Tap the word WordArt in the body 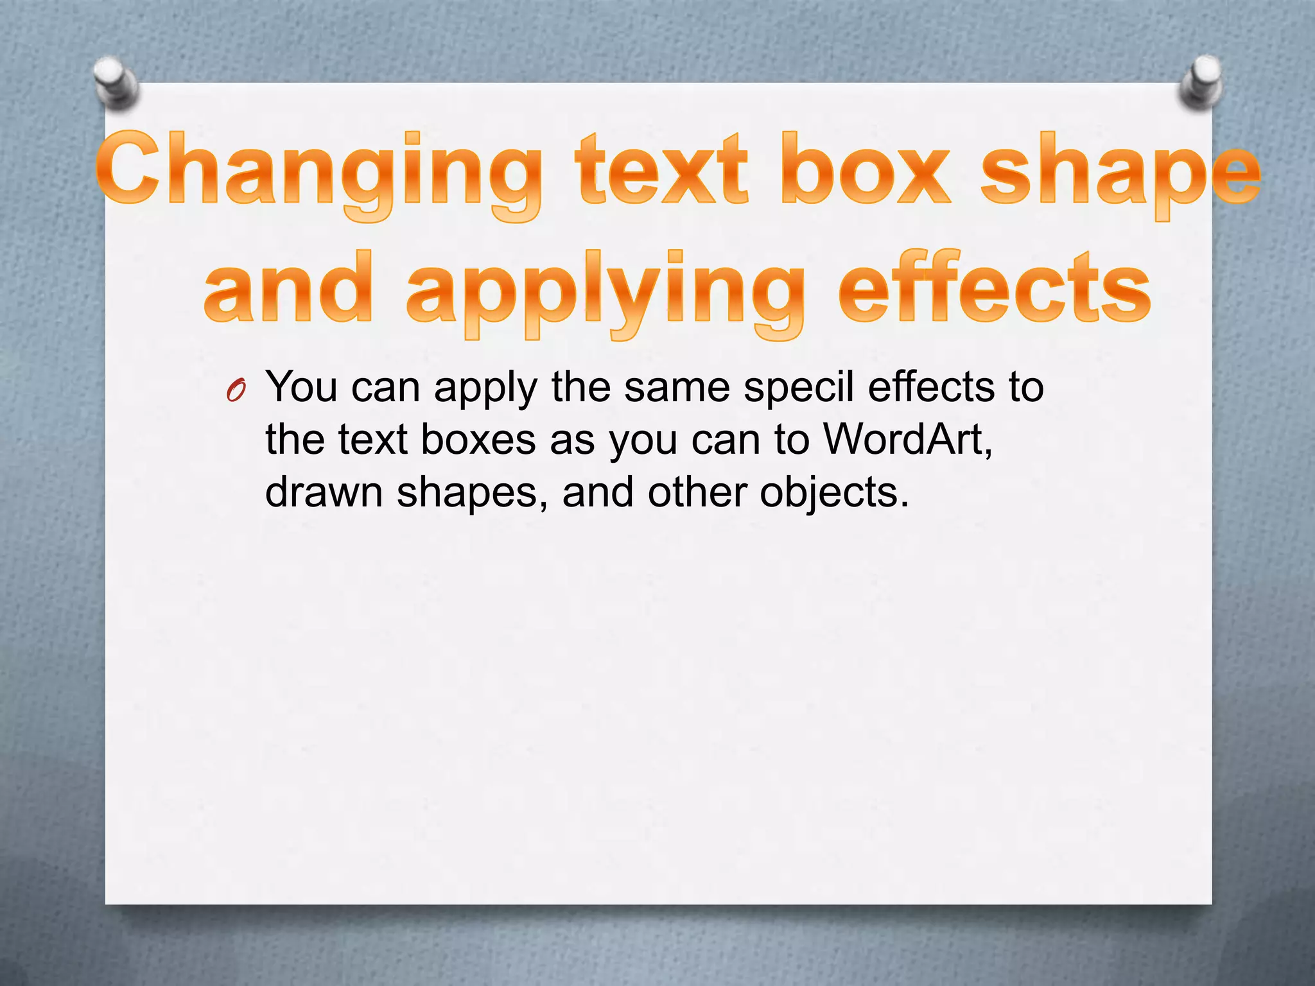pyautogui.click(x=908, y=440)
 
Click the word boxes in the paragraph pyautogui.click(x=478, y=440)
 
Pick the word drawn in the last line pyautogui.click(x=324, y=492)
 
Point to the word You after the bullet pyautogui.click(x=301, y=387)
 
